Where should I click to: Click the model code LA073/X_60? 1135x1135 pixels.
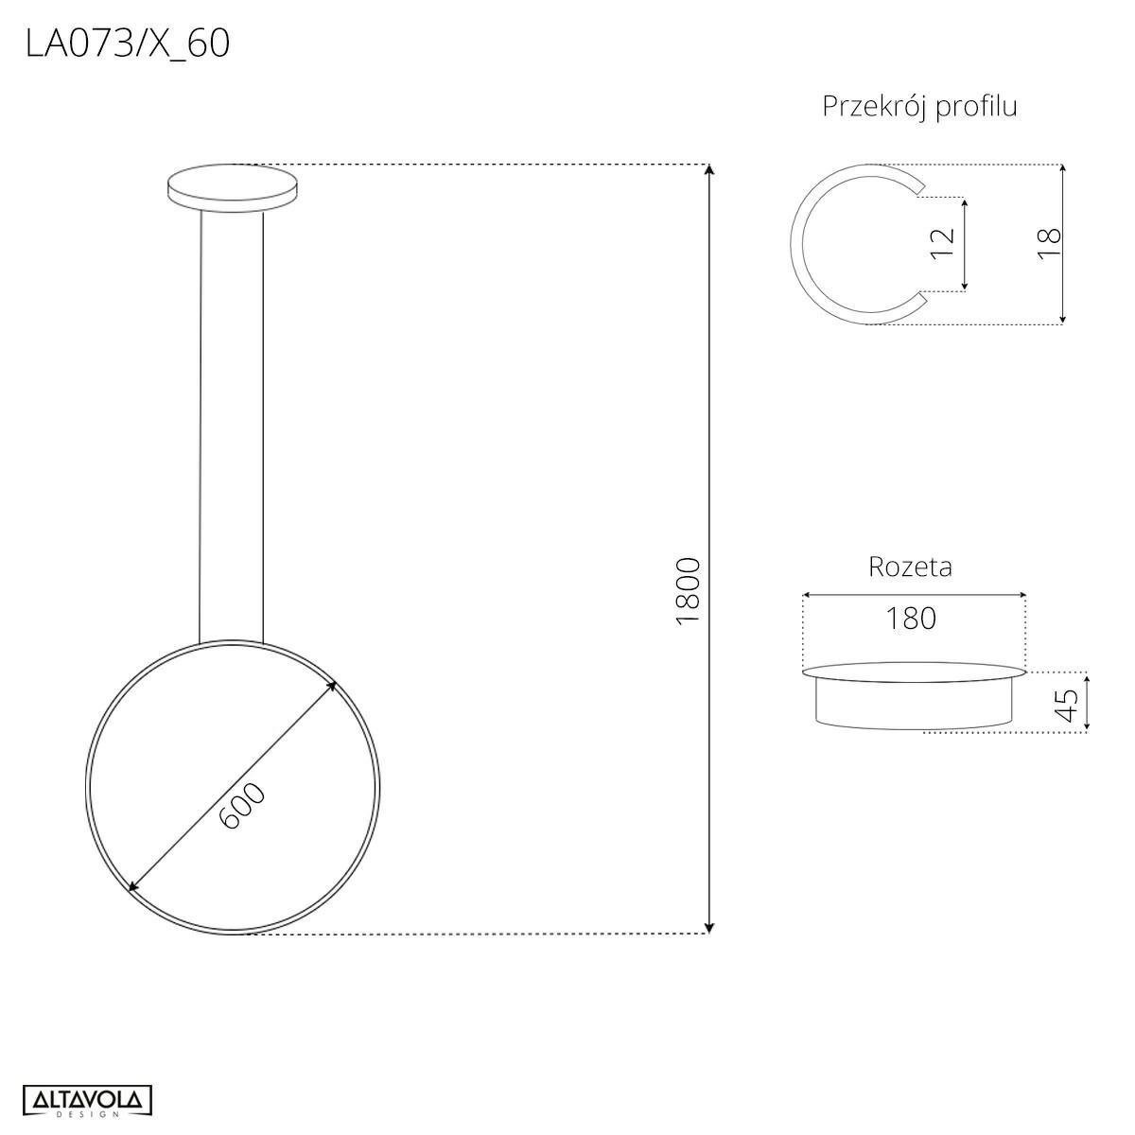(128, 44)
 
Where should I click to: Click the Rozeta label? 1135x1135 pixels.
(910, 567)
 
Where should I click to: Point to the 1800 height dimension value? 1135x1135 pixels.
(688, 591)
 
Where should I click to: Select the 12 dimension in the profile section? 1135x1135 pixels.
(942, 243)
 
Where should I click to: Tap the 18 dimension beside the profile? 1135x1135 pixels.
(1049, 243)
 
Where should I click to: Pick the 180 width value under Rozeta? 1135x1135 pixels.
(911, 619)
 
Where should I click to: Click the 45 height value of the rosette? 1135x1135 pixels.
(1067, 705)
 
